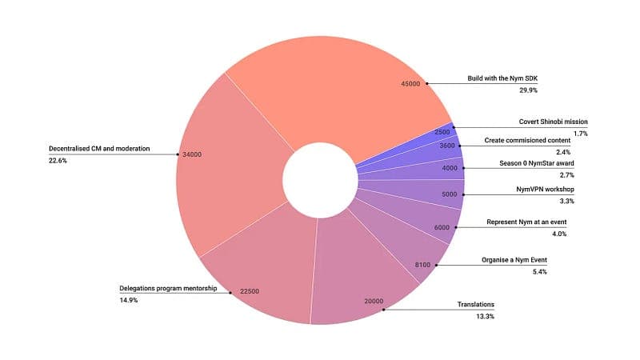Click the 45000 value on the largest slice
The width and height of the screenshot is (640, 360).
(x=410, y=83)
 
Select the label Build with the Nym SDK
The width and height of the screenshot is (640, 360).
(x=503, y=78)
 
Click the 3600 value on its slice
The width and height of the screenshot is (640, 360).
(x=447, y=146)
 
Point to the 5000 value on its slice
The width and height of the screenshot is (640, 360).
(x=449, y=194)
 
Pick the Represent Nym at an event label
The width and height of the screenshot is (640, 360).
(x=538, y=222)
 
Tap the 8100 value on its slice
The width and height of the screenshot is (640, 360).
(x=424, y=264)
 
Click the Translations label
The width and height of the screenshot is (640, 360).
(x=475, y=305)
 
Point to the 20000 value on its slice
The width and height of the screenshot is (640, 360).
(x=374, y=302)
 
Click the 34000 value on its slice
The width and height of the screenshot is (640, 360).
(x=193, y=154)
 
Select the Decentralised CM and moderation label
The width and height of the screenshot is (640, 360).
(x=99, y=148)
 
